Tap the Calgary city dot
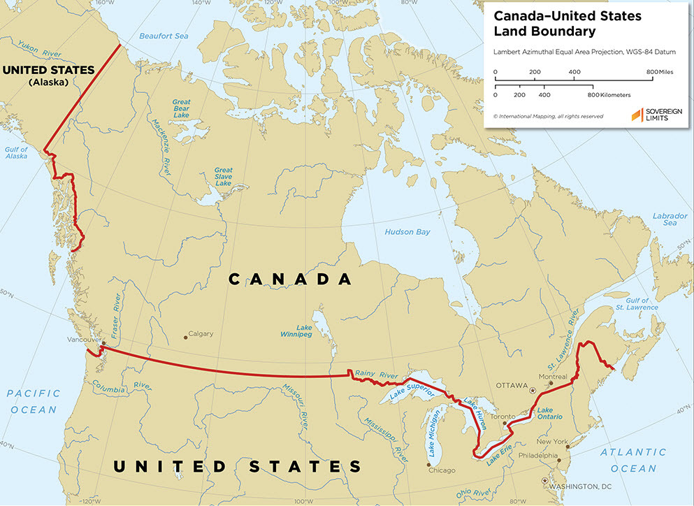click(185, 338)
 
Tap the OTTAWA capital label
click(512, 385)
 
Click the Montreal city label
click(553, 377)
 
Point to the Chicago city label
click(442, 470)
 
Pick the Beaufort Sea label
click(163, 36)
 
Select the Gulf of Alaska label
click(15, 152)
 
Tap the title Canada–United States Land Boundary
click(546, 24)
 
